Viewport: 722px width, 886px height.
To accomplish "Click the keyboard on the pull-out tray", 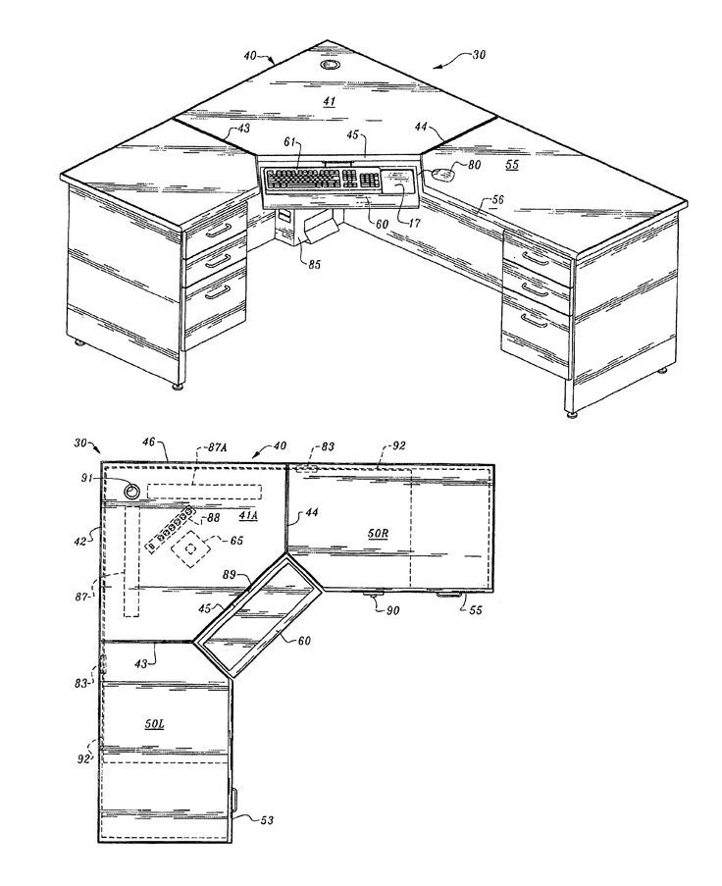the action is [322, 180].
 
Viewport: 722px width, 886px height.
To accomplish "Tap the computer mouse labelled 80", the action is [443, 175].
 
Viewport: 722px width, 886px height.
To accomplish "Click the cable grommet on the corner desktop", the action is [329, 65].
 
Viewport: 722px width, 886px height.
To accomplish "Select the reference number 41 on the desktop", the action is [330, 102].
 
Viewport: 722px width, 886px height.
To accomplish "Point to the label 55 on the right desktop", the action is [512, 165].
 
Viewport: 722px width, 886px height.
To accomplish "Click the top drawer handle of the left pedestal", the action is [218, 230].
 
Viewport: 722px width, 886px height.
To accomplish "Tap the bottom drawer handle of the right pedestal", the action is [534, 321].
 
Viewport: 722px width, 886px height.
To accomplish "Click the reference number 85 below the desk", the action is [314, 263].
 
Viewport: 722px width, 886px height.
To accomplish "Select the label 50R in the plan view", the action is [378, 533].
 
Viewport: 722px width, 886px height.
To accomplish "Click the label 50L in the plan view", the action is [154, 724].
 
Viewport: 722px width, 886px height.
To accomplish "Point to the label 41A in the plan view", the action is [248, 515].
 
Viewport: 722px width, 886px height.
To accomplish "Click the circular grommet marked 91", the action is [132, 491].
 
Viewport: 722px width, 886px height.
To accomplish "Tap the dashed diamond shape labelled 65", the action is [191, 548].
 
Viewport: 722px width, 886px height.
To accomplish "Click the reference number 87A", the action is [218, 447].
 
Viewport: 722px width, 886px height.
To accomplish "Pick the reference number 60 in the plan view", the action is [304, 640].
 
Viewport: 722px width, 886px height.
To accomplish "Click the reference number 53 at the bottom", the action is [267, 819].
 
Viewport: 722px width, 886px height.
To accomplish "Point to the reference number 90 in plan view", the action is [392, 610].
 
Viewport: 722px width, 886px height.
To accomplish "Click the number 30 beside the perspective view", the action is [479, 55].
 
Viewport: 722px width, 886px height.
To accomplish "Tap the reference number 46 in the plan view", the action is [148, 443].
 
